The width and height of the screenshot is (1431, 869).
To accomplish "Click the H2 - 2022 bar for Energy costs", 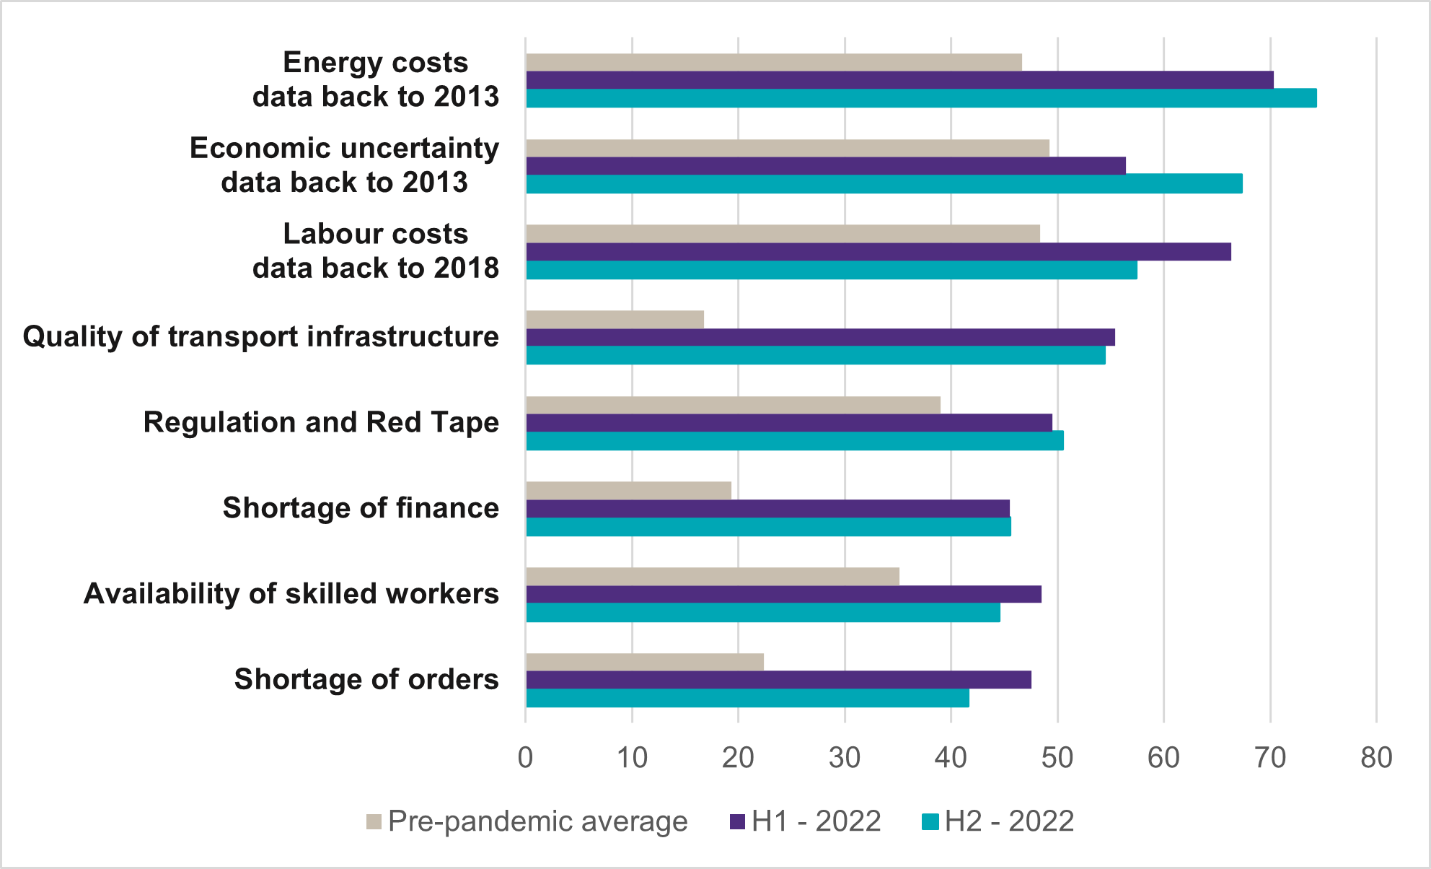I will (x=921, y=98).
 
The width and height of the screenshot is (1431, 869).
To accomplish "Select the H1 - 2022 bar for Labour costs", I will (x=878, y=252).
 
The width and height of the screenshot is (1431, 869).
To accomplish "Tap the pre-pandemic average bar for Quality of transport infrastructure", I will (x=615, y=319).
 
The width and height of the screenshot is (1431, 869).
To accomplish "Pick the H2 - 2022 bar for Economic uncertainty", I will (x=884, y=184).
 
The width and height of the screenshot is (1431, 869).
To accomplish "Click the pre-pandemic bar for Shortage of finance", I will (x=628, y=491).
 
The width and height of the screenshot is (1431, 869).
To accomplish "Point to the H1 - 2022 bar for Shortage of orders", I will (x=778, y=680).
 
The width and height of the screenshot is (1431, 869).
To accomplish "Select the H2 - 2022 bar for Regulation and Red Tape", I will (x=794, y=441).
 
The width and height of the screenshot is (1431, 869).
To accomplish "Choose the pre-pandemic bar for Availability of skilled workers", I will (x=713, y=577).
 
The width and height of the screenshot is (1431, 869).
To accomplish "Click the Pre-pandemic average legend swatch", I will (x=374, y=821).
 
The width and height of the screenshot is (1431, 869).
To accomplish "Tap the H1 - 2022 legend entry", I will (x=806, y=821).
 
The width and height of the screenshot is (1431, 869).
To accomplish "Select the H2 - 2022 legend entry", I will (x=999, y=821).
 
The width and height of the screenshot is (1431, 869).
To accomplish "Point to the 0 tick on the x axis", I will (x=526, y=758).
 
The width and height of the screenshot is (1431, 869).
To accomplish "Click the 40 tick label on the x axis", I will (x=951, y=758).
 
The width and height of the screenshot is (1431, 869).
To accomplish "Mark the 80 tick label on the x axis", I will (x=1376, y=758).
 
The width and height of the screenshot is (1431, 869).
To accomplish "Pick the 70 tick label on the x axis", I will (x=1270, y=758).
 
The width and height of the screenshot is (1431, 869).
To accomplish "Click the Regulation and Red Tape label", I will (x=321, y=422).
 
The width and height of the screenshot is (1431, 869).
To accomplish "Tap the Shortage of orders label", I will (x=366, y=679).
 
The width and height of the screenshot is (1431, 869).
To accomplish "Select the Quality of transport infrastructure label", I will (x=260, y=337).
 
